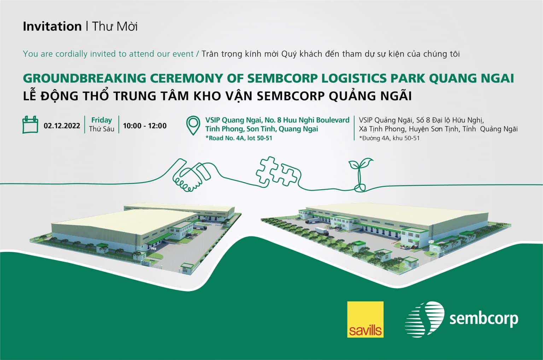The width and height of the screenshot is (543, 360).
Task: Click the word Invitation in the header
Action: [52, 26]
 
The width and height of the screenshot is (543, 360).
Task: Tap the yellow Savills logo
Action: [365, 319]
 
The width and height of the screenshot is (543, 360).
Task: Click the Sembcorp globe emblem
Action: [425, 319]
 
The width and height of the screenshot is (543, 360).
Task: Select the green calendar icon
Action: [30, 124]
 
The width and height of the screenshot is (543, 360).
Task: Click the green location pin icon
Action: [193, 125]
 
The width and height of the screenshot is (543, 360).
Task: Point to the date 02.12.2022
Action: [62, 126]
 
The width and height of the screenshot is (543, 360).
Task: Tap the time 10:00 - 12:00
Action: [145, 126]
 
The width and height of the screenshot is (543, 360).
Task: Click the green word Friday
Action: [101, 120]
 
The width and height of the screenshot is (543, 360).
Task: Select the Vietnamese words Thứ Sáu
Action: [101, 129]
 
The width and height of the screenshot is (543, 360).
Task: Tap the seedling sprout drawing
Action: [360, 175]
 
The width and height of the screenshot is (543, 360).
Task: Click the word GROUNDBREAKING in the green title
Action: [84, 78]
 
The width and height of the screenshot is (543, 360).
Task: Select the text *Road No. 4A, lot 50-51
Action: [239, 138]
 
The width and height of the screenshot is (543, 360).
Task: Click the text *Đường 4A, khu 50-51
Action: [389, 138]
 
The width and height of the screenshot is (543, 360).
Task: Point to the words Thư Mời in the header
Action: [115, 26]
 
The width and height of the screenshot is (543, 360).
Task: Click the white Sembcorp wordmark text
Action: [484, 319]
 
